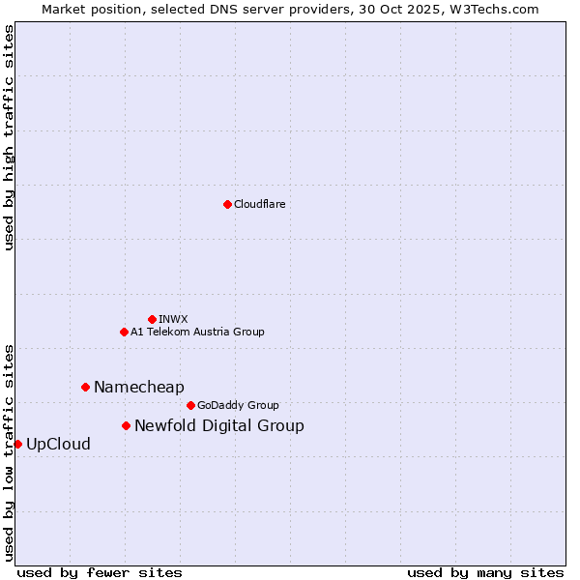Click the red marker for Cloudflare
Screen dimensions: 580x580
point(227,204)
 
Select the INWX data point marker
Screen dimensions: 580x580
point(152,319)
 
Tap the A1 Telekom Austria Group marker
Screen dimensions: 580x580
point(124,332)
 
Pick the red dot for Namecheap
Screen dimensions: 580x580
point(85,387)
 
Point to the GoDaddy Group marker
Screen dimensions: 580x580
point(190,405)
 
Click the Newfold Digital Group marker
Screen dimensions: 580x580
point(126,425)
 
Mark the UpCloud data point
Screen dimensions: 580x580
point(17,444)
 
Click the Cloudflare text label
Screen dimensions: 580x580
point(259,204)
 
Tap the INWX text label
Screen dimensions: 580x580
point(173,319)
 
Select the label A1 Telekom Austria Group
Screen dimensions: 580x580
point(197,332)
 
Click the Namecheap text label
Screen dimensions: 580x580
point(138,387)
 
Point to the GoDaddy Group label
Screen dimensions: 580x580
point(238,405)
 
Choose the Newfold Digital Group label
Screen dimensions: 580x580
point(218,425)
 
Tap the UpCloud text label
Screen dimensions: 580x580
point(58,444)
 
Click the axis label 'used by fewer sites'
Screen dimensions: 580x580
point(100,572)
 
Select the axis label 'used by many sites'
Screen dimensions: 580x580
point(485,572)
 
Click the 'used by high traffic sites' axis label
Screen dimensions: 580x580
point(10,137)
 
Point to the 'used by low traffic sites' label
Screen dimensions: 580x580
point(10,451)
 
